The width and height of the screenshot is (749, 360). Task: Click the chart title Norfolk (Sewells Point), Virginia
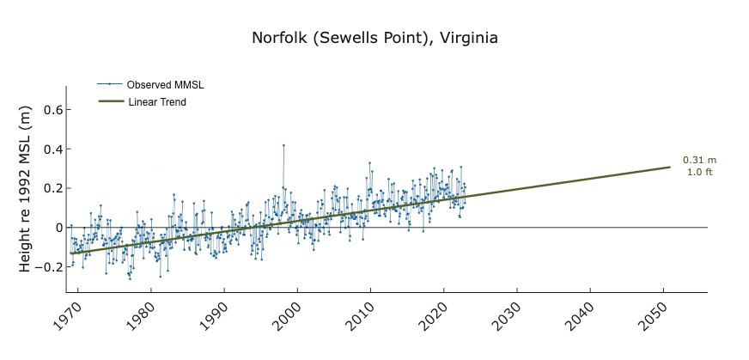374,39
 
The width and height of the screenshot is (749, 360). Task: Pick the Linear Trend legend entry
157,102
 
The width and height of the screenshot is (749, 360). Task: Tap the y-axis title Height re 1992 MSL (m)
25,188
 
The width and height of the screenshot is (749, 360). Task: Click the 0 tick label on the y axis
58,228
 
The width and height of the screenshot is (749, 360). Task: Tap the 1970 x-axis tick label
68,317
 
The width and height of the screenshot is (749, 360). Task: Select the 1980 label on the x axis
141,317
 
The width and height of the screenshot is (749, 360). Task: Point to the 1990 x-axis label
214,317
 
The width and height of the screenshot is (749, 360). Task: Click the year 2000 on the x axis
287,317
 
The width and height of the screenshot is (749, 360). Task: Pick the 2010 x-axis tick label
361,317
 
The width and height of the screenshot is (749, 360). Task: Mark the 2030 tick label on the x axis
507,317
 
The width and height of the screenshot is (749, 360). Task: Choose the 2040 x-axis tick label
581,317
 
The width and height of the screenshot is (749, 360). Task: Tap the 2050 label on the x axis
654,317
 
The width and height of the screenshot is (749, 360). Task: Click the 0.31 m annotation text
699,160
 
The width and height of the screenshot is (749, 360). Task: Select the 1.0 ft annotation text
699,172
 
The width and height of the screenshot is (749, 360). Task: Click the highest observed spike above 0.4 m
283,145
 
